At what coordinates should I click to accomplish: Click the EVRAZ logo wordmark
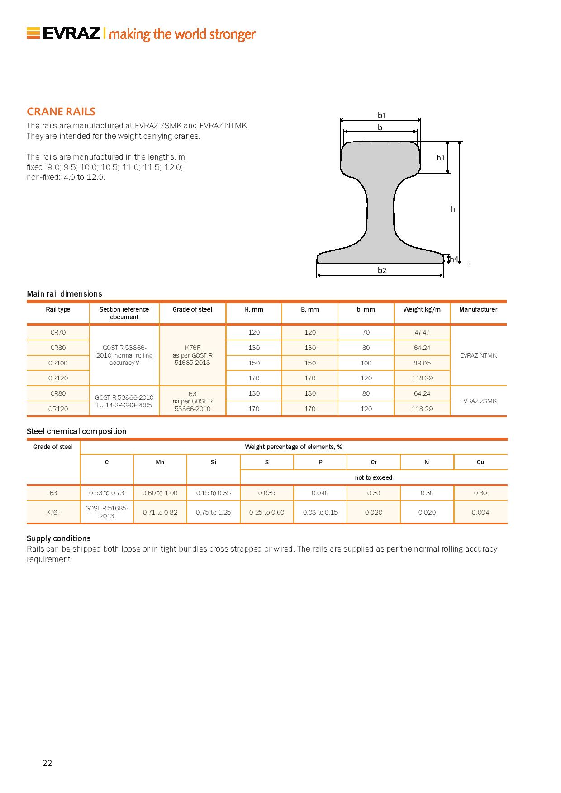[x=71, y=33]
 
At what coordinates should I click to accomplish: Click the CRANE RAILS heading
[x=61, y=112]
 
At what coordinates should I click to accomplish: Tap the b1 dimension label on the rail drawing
[x=382, y=115]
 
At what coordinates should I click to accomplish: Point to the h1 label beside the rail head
[x=440, y=158]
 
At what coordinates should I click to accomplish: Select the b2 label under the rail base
[x=382, y=270]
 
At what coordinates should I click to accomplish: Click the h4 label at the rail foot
[x=454, y=259]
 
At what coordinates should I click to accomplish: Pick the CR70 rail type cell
[x=58, y=332]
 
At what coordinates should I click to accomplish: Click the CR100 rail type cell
[x=58, y=363]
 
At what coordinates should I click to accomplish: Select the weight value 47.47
[x=422, y=332]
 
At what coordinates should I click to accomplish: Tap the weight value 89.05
[x=422, y=363]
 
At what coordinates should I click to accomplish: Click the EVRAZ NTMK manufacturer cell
[x=478, y=355]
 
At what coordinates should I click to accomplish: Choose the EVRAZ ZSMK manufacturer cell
[x=478, y=401]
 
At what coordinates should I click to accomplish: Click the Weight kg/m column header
[x=422, y=309]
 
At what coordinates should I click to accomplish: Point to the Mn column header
[x=160, y=462]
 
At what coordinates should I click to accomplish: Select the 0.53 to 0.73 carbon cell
[x=107, y=493]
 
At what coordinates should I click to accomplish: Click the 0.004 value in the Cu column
[x=480, y=512]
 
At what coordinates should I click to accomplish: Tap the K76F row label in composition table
[x=53, y=512]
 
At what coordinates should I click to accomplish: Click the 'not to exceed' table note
[x=374, y=477]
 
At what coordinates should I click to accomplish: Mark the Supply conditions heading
[x=59, y=538]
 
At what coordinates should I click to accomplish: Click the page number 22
[x=47, y=763]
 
